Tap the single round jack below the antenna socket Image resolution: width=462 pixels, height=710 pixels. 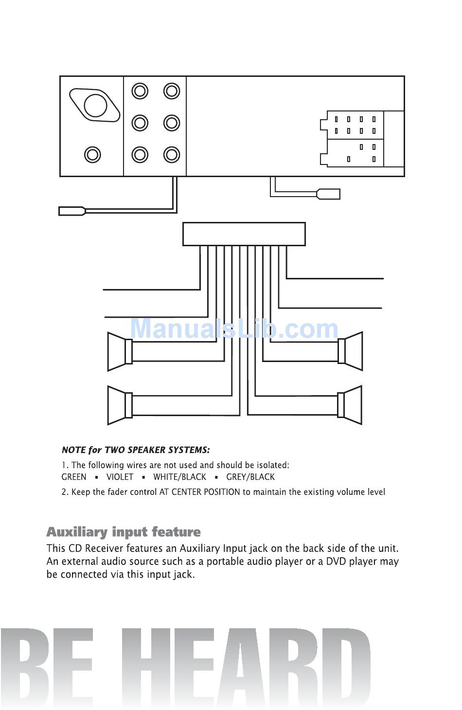click(92, 155)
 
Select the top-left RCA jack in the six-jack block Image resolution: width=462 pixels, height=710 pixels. click(140, 91)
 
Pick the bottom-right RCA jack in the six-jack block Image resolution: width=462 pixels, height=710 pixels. click(171, 155)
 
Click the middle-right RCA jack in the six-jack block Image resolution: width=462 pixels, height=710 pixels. click(171, 123)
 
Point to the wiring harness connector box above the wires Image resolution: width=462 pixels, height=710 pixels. click(244, 234)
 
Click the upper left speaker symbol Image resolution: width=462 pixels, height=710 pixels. click(120, 352)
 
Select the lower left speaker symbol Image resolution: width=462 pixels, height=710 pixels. click(120, 405)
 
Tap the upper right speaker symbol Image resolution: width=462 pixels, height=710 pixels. click(350, 351)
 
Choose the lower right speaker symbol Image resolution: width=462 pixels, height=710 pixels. click(350, 405)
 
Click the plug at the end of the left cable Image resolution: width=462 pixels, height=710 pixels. click(72, 211)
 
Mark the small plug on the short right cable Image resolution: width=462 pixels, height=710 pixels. click(328, 194)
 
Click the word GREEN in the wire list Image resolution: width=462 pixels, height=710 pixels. click(74, 477)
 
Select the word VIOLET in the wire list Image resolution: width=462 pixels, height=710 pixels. click(120, 477)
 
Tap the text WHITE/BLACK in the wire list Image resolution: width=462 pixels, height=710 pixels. click(179, 477)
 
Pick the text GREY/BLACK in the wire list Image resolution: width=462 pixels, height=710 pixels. click(250, 477)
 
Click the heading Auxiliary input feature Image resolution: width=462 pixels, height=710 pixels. click(124, 532)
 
